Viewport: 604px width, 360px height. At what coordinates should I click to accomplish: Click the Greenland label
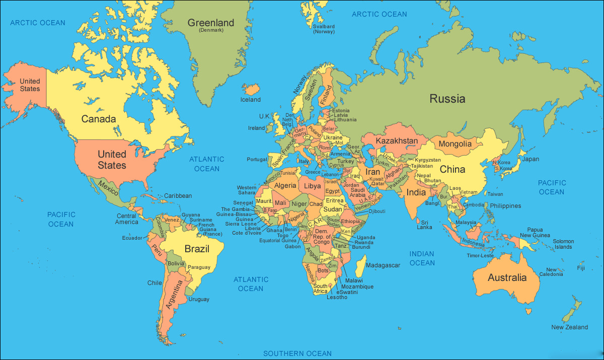click(x=211, y=23)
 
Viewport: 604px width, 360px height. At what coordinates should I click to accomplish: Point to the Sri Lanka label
click(x=424, y=225)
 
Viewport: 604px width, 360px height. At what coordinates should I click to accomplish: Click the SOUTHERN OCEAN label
click(x=297, y=353)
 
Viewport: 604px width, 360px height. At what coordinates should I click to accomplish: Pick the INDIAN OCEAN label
click(x=422, y=258)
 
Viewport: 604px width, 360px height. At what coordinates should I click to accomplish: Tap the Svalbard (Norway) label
click(x=324, y=29)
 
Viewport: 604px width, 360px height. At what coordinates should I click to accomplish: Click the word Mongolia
click(x=455, y=144)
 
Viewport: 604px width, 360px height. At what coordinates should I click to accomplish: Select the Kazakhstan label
click(x=397, y=140)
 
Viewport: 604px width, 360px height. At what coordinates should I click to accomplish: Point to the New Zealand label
click(x=569, y=327)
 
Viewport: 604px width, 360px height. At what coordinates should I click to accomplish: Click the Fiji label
click(x=581, y=268)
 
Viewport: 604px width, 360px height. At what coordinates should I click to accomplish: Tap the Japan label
click(x=530, y=159)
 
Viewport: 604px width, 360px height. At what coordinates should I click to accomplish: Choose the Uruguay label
click(x=199, y=299)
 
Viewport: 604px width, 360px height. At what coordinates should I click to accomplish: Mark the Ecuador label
click(x=132, y=238)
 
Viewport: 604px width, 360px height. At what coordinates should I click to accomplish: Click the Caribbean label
click(x=178, y=196)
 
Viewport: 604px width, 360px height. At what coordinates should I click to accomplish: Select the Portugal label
click(x=257, y=160)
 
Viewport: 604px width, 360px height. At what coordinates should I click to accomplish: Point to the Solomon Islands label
click(x=563, y=244)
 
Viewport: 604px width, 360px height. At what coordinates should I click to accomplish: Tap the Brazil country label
click(x=196, y=249)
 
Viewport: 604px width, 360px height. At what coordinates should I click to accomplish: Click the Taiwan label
click(x=495, y=194)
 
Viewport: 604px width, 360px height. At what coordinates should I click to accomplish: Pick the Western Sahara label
click(x=247, y=190)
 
